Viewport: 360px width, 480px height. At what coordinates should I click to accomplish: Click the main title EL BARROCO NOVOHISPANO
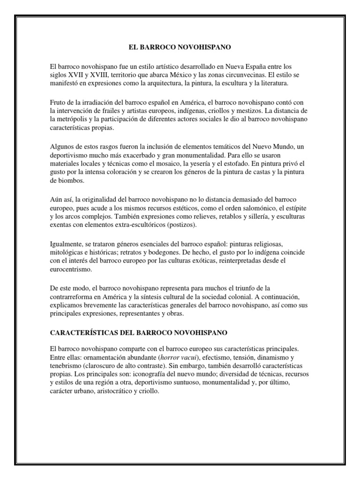180,47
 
